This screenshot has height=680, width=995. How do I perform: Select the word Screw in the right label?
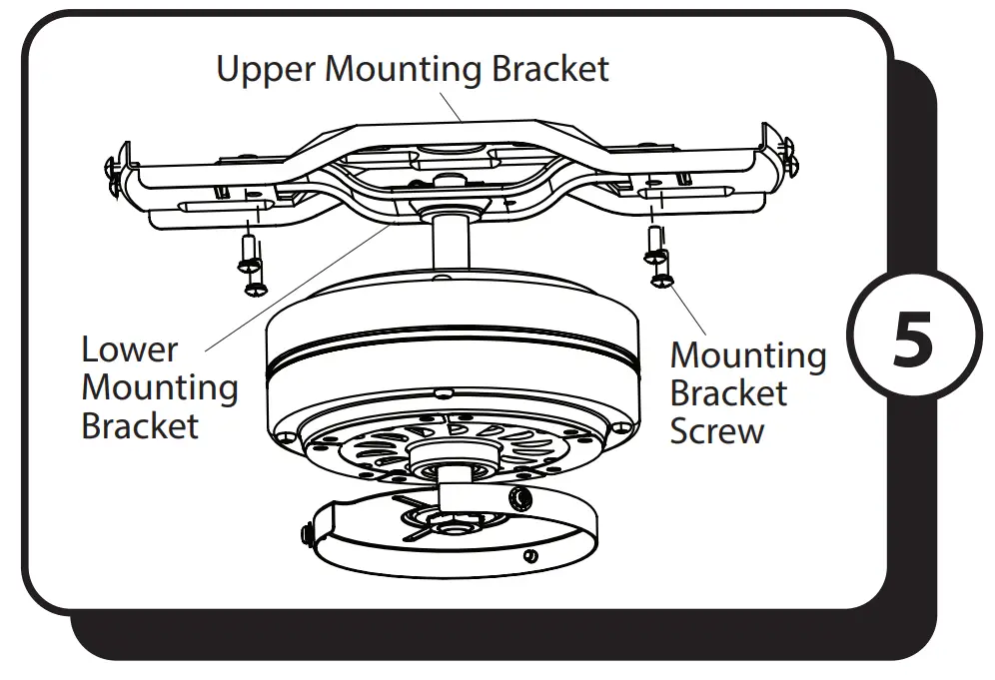click(x=716, y=431)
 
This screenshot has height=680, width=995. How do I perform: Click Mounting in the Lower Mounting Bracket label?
click(x=159, y=387)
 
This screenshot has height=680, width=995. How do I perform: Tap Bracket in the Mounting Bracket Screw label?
click(x=728, y=393)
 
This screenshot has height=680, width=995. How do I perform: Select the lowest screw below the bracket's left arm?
click(x=256, y=288)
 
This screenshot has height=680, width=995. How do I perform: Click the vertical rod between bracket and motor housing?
click(x=452, y=240)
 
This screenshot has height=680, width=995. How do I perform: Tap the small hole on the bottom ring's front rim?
click(x=530, y=555)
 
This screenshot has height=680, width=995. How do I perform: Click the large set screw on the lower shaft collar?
click(x=517, y=498)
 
